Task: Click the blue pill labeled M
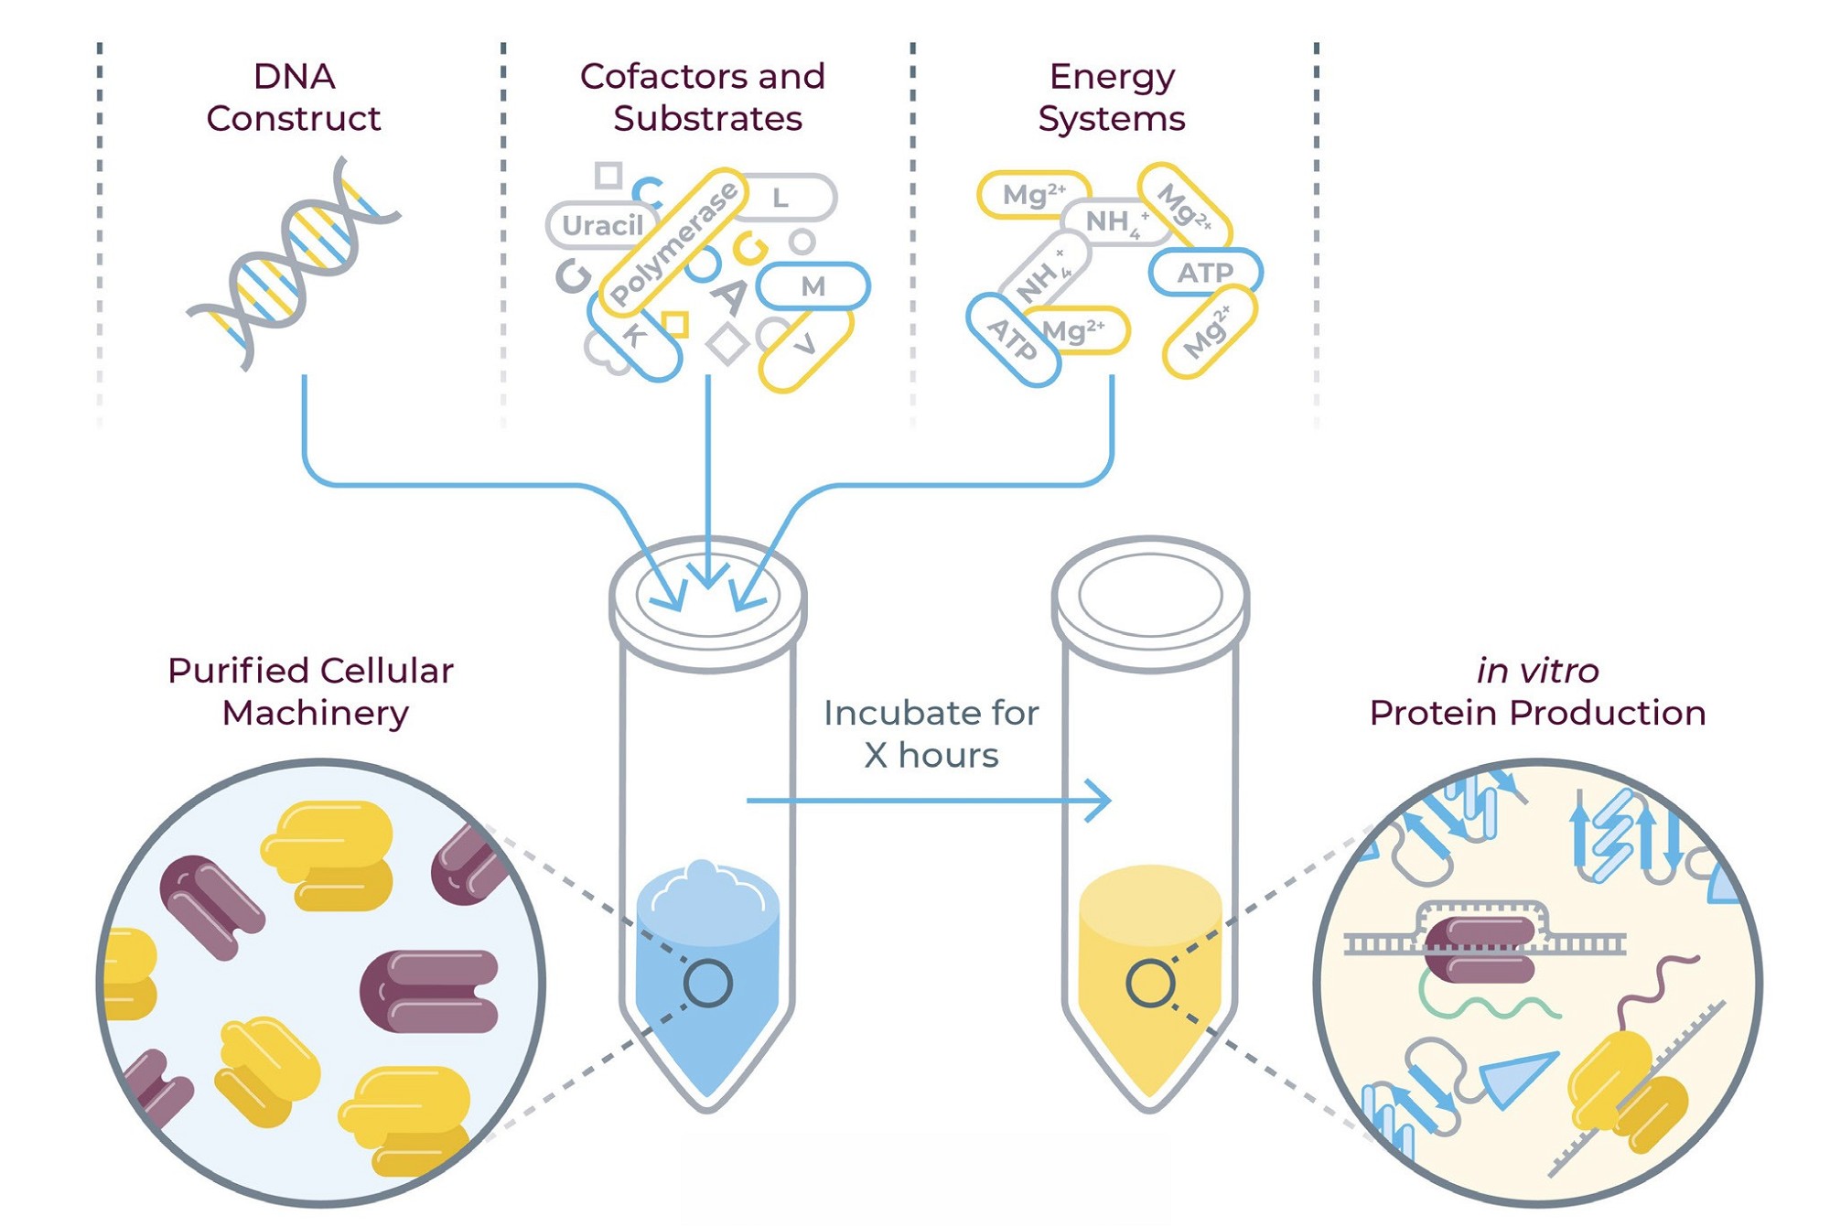coord(813,286)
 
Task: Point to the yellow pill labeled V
coord(805,348)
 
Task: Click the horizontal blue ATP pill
coord(1205,273)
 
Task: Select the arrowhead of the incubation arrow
coord(1101,801)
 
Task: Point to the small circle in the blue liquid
coord(707,984)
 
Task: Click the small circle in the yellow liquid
coord(1150,984)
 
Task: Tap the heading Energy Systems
coord(1111,97)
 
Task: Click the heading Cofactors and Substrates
coord(703,97)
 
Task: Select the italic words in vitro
coord(1537,671)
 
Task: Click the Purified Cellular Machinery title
coord(311,692)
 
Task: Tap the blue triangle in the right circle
coord(1514,1077)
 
